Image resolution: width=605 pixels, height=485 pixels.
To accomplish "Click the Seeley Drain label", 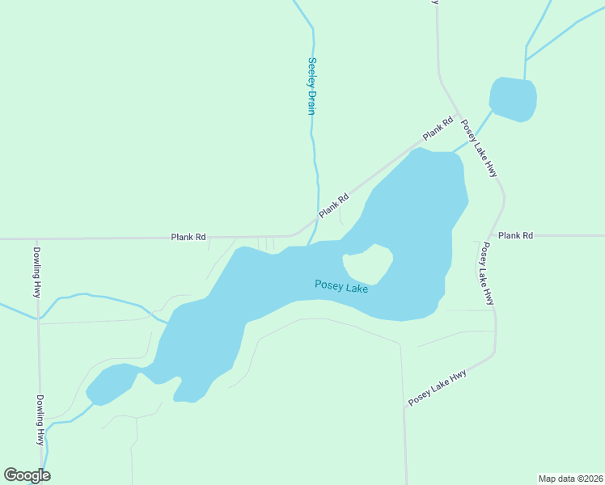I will pyautogui.click(x=311, y=86).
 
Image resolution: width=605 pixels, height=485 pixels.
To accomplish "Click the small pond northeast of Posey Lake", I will pyautogui.click(x=513, y=99).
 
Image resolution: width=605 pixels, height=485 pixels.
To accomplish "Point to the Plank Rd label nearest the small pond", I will pyautogui.click(x=437, y=129).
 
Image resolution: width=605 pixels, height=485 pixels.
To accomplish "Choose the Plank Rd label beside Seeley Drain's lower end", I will pyautogui.click(x=333, y=205).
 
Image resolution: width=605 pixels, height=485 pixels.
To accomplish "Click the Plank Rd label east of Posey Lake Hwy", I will pyautogui.click(x=516, y=235).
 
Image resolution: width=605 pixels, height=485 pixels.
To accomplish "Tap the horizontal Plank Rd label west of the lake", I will pyautogui.click(x=188, y=237).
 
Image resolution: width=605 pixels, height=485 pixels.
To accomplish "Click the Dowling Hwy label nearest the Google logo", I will pyautogui.click(x=39, y=420).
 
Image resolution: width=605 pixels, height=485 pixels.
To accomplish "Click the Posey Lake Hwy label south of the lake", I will pyautogui.click(x=438, y=388).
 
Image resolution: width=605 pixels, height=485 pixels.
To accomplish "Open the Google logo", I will pyautogui.click(x=27, y=475).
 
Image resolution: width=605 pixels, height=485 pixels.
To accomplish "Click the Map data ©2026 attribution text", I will pyautogui.click(x=571, y=478).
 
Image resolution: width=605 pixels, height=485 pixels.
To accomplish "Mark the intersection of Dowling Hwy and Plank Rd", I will pyautogui.click(x=37, y=238).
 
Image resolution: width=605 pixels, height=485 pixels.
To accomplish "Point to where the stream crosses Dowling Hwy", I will pyautogui.click(x=38, y=318).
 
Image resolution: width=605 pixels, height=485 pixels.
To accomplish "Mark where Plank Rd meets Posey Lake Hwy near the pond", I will pyautogui.click(x=458, y=113).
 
